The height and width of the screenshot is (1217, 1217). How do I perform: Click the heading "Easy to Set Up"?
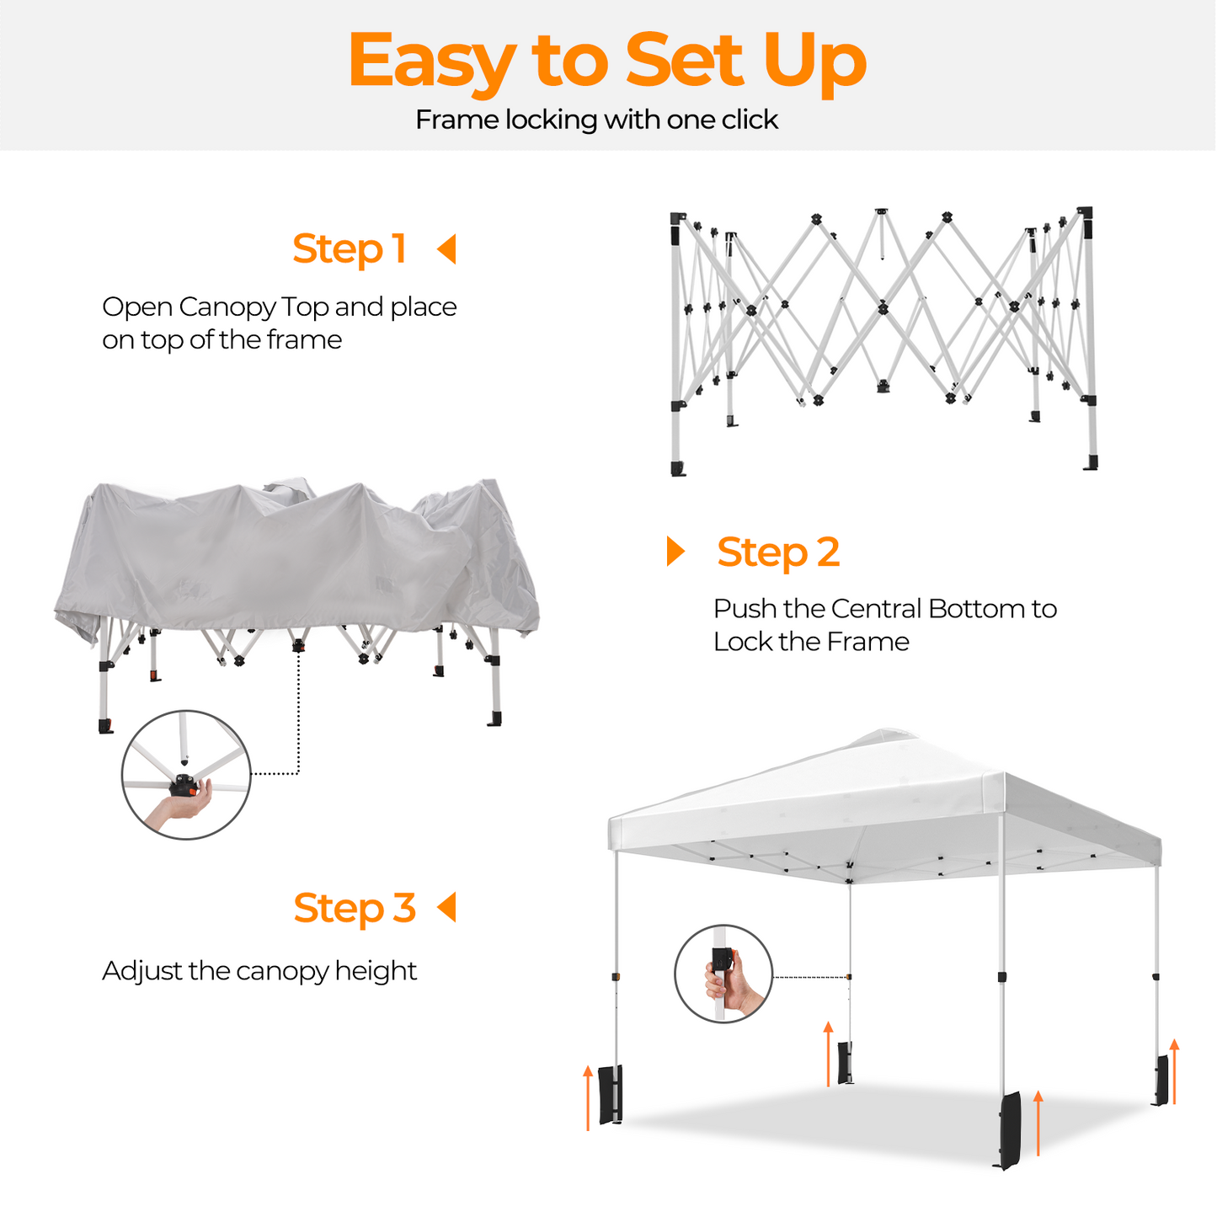606,61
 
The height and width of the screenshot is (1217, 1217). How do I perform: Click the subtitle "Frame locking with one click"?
596,120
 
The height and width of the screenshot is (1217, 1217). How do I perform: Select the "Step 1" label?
350,249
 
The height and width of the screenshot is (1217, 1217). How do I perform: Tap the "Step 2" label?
778,552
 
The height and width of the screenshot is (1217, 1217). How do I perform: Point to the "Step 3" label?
355,909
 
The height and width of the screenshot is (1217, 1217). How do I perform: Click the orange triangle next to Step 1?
447,249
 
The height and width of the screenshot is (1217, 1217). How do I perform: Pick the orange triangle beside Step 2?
675,551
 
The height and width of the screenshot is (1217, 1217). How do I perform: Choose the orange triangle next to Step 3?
447,907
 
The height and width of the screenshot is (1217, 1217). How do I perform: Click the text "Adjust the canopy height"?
259,971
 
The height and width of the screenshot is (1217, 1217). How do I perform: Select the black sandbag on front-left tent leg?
611,1095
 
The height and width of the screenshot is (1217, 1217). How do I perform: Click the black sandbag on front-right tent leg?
1010,1129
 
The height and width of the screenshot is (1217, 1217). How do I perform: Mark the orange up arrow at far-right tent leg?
1174,1070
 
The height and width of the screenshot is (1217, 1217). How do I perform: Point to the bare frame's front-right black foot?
1091,462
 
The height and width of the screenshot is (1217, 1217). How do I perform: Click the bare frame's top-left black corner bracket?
678,220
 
